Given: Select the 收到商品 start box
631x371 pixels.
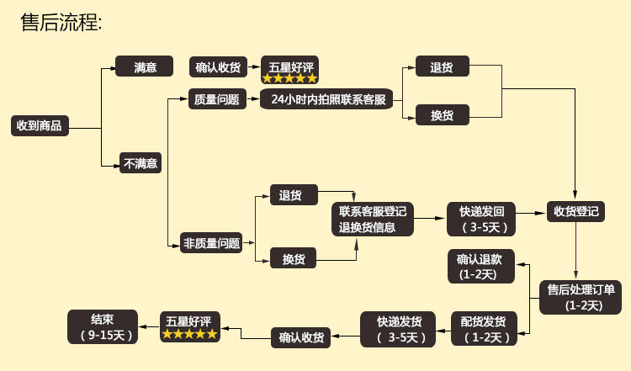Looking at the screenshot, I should [40, 126].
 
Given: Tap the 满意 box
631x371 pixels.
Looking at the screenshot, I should [145, 66].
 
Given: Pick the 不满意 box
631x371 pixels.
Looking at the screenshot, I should [141, 163].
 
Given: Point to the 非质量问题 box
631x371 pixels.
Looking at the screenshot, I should [211, 244].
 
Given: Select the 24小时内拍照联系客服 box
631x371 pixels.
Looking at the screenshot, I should [328, 99].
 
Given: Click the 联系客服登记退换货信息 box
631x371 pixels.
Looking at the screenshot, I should [373, 219].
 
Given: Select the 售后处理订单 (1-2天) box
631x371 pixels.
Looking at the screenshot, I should [581, 297].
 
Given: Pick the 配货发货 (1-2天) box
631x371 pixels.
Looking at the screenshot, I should [484, 329].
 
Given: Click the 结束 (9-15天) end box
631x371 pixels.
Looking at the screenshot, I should [103, 326].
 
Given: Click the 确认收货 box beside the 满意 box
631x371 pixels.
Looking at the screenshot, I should [218, 67].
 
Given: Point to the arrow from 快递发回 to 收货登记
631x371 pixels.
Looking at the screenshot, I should [531, 212].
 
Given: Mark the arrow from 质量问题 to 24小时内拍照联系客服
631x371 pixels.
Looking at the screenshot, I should [252, 99].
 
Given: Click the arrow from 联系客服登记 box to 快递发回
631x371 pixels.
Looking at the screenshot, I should [431, 219].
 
